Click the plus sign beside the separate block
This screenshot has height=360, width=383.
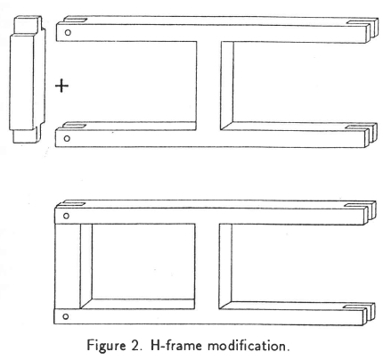[x=61, y=86]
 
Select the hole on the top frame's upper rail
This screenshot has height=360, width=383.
[x=68, y=32]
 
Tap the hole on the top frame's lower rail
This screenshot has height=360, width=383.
[x=67, y=138]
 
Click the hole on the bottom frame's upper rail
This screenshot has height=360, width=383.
[x=66, y=216]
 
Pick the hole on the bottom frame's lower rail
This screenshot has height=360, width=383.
[x=66, y=316]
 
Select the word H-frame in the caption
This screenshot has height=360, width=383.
[x=176, y=346]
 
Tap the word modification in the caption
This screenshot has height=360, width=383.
[x=249, y=346]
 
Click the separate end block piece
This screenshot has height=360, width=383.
[x=27, y=79]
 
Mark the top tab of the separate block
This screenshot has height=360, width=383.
[x=28, y=25]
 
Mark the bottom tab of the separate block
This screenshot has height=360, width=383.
[x=26, y=135]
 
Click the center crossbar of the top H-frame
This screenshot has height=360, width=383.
[x=208, y=86]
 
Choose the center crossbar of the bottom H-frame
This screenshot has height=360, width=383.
[x=207, y=266]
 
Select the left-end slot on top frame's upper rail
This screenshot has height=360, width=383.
[x=76, y=20]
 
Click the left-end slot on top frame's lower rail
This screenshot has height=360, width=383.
[x=75, y=126]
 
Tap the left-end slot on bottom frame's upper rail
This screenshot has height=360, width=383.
[x=74, y=204]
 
